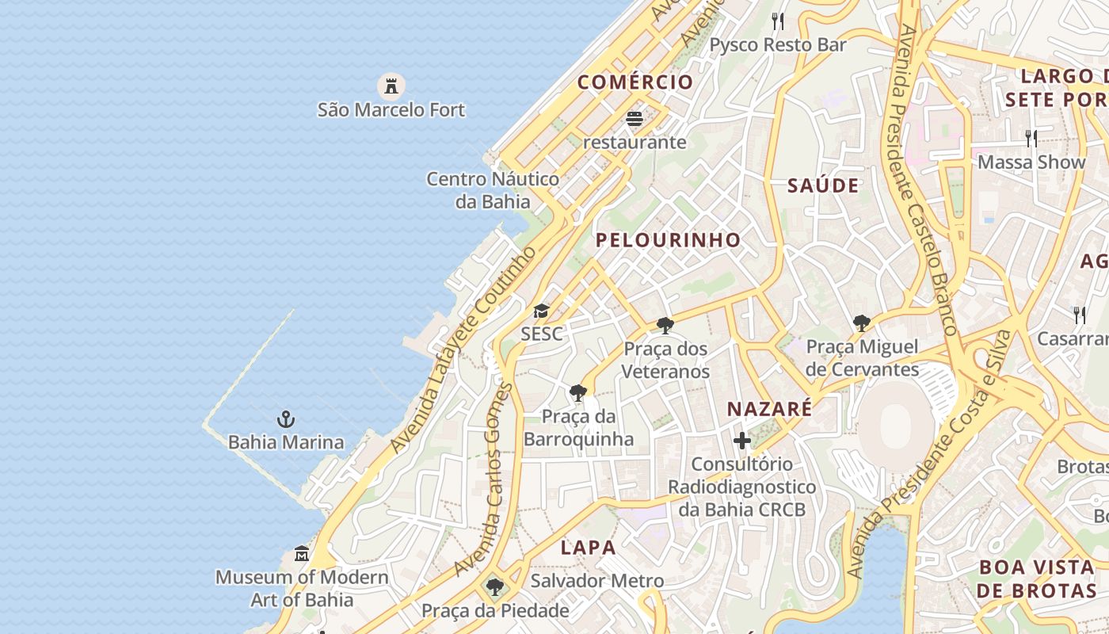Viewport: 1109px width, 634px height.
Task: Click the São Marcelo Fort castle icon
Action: pyautogui.click(x=391, y=85)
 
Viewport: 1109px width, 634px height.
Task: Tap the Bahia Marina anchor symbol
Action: pyautogui.click(x=285, y=418)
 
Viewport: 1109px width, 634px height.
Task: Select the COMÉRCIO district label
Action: pyautogui.click(x=635, y=82)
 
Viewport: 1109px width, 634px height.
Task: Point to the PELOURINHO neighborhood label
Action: pyautogui.click(x=668, y=240)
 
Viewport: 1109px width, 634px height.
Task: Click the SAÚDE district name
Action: pyautogui.click(x=823, y=186)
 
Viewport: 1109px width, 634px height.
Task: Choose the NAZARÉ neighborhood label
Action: pyautogui.click(x=769, y=409)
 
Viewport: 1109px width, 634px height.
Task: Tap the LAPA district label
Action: pyautogui.click(x=588, y=548)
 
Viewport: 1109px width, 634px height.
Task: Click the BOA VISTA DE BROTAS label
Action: pyautogui.click(x=1035, y=579)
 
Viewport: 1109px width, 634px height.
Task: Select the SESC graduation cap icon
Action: pyautogui.click(x=541, y=311)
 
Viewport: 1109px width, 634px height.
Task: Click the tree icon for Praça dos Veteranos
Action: pyautogui.click(x=665, y=325)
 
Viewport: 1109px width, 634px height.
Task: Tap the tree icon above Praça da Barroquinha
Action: pyautogui.click(x=578, y=392)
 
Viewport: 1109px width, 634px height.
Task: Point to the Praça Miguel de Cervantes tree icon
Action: pyautogui.click(x=862, y=323)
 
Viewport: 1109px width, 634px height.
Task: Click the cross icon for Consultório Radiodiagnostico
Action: pyautogui.click(x=742, y=441)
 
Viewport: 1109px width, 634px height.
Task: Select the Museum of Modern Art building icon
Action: pyautogui.click(x=302, y=553)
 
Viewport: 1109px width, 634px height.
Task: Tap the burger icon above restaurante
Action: pyautogui.click(x=634, y=119)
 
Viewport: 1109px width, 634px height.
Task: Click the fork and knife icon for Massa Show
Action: pyautogui.click(x=1031, y=139)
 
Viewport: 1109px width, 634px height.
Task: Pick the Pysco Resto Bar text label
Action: pyautogui.click(x=777, y=44)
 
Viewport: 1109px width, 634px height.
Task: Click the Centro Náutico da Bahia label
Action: pyautogui.click(x=493, y=190)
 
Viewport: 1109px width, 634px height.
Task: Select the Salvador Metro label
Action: pyautogui.click(x=596, y=581)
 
